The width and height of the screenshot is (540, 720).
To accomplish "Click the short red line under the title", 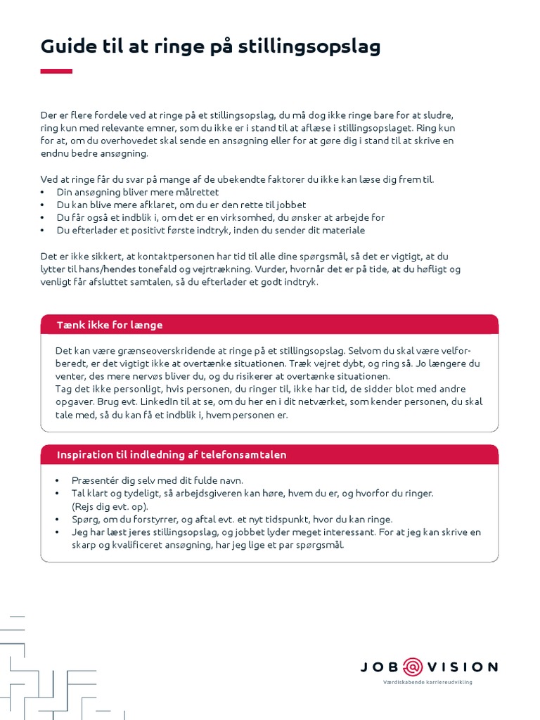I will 56,71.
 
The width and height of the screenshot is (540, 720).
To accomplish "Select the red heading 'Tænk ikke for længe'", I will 110,325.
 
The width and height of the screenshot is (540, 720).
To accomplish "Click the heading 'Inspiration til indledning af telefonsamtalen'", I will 172,455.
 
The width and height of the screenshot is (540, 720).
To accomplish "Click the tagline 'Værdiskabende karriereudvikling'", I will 427,683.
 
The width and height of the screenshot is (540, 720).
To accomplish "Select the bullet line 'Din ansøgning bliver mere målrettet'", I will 138,192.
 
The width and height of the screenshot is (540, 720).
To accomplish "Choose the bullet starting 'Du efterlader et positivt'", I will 211,231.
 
